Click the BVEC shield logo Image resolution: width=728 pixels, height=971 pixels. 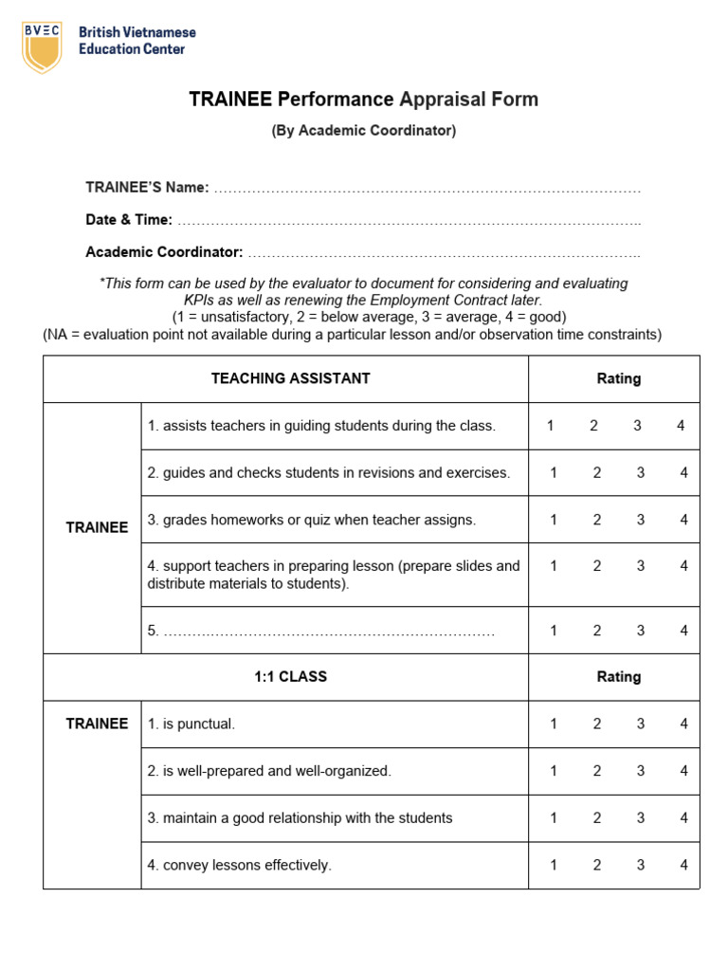42,46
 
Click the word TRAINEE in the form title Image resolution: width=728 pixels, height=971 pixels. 230,100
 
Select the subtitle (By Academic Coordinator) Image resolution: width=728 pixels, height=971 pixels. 364,131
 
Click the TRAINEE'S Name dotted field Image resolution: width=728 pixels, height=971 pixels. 427,189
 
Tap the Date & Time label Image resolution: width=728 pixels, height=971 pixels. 129,220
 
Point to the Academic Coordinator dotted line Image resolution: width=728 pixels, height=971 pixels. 443,253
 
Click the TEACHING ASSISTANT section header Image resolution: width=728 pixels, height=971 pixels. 290,378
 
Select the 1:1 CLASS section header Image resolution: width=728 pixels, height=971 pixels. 290,677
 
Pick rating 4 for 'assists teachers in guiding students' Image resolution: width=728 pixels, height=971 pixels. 681,426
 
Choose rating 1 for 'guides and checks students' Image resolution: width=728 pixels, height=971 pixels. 554,472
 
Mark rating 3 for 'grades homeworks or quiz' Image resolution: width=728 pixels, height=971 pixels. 641,520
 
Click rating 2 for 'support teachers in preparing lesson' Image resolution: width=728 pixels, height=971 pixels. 597,566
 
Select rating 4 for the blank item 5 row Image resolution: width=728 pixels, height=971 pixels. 683,631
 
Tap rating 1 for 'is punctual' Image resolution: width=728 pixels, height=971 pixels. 554,724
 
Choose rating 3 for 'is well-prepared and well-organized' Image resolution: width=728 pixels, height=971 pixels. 641,771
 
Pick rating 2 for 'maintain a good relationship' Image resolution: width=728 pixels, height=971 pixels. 597,817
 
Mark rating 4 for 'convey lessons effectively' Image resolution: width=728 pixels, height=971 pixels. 683,865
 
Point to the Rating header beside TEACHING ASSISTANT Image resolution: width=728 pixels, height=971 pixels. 618,378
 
